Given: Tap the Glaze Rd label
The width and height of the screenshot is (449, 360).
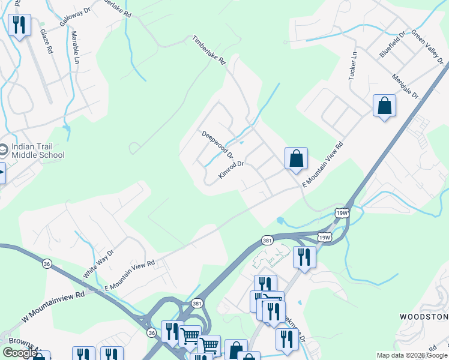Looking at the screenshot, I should pos(46,41).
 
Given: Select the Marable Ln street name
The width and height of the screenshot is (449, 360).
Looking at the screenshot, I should pos(76,52).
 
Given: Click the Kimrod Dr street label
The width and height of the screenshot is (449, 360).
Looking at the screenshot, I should pos(231,170).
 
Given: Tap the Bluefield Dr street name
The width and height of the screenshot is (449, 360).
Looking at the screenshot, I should pos(393,44).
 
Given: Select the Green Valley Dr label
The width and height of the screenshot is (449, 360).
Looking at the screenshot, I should pos(428,47).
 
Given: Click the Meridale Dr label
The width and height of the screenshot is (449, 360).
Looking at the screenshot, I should pos(405,86).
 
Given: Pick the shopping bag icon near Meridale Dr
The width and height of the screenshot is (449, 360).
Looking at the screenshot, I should pos(384,106).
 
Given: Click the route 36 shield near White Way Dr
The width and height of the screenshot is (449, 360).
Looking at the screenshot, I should pos(47,263).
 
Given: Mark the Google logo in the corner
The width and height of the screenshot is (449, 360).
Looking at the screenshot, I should pos(19,353).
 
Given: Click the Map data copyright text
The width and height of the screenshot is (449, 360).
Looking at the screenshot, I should pos(412,355).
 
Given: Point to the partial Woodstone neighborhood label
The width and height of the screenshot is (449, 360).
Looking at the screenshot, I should pos(424,316).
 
